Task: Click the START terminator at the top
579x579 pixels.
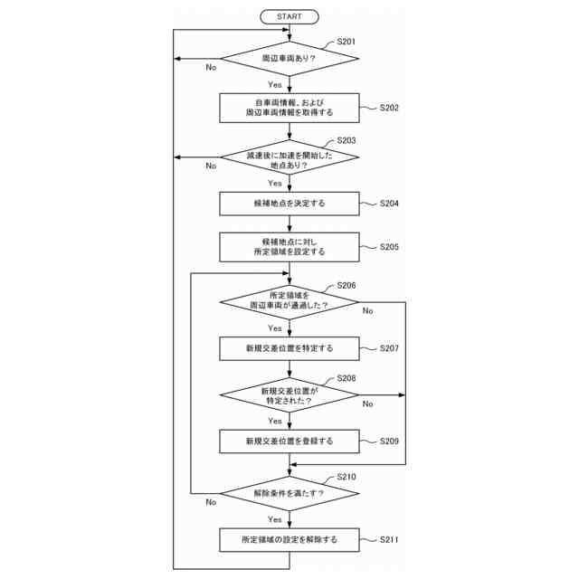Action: coord(289,16)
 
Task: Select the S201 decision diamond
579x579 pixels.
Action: coord(289,59)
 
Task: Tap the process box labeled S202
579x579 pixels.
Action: coord(289,109)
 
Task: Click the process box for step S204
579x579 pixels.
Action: coord(289,204)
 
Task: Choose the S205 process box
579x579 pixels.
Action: coord(289,247)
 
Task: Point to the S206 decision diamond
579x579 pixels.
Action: coord(289,301)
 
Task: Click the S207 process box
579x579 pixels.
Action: coord(289,348)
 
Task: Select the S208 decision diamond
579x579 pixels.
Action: coord(289,395)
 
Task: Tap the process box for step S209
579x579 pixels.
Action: coord(289,441)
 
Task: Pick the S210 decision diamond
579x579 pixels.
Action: coord(289,493)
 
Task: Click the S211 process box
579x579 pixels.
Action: coord(289,540)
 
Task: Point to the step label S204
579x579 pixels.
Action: coord(389,204)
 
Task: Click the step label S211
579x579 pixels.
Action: coord(389,540)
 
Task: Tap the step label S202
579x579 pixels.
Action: coord(389,109)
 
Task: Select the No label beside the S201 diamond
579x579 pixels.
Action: coord(211,68)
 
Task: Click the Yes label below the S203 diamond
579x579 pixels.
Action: coord(274,183)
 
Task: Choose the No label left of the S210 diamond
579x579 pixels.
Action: coord(211,502)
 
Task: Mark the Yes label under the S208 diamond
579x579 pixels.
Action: coord(274,421)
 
